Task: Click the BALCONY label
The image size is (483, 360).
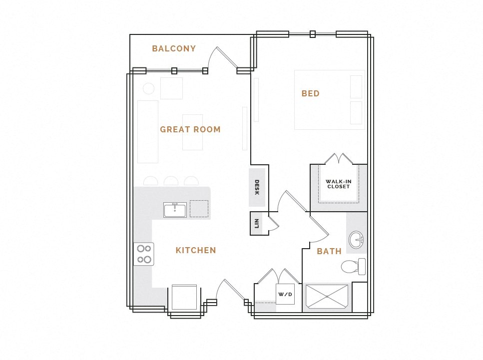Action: [x=174, y=49]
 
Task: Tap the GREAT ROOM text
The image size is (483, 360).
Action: [x=190, y=130]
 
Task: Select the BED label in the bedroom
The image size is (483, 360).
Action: [x=310, y=94]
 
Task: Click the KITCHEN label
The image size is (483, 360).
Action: [x=196, y=251]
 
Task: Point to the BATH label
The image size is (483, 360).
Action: [x=329, y=252]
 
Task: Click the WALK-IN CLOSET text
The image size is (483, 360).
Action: [x=338, y=184]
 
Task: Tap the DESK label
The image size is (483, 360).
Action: [x=257, y=187]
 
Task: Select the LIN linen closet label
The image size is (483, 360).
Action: [x=256, y=223]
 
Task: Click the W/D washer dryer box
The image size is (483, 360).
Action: [x=285, y=294]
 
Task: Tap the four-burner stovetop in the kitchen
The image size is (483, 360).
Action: [x=144, y=254]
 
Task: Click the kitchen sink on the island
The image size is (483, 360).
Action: [x=175, y=210]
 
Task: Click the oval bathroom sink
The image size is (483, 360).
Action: [x=356, y=240]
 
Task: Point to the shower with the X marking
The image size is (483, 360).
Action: [x=327, y=297]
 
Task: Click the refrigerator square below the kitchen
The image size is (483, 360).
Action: [x=184, y=298]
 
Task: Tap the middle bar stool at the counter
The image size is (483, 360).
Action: [x=171, y=181]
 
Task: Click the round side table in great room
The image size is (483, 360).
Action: [x=148, y=89]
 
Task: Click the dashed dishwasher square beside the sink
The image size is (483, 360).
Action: [x=199, y=209]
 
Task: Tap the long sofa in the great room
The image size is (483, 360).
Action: [x=147, y=131]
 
